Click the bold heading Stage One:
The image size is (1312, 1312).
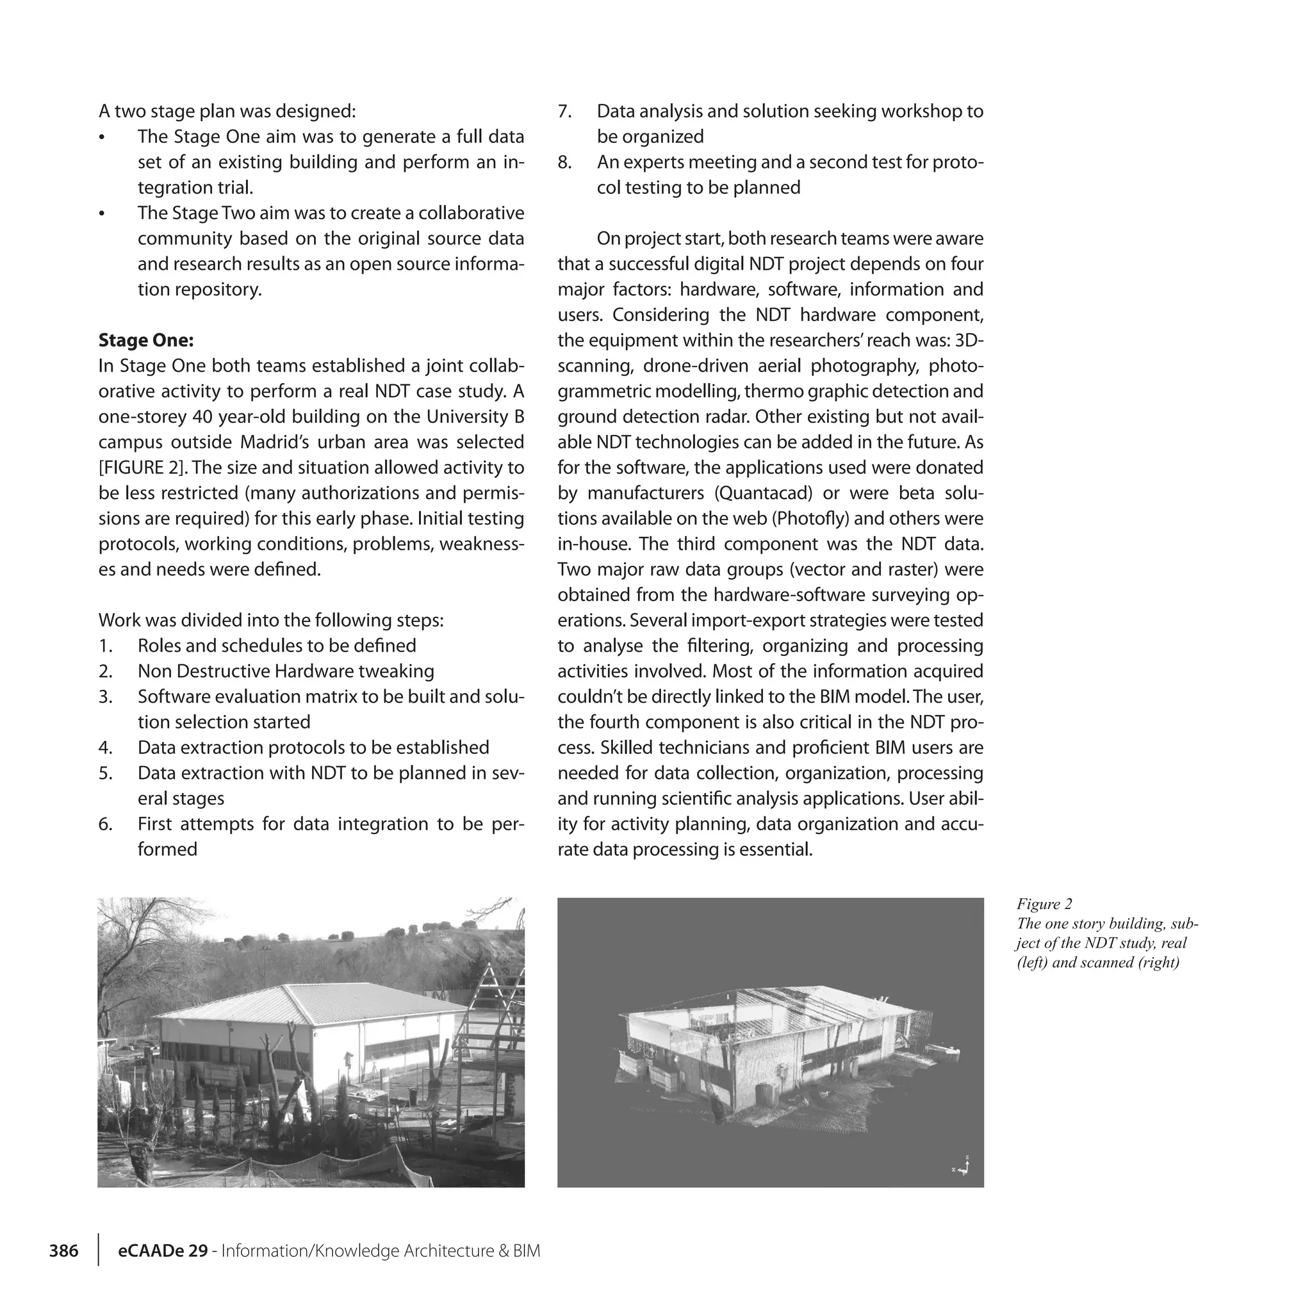[146, 340]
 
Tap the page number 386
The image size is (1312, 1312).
[64, 1251]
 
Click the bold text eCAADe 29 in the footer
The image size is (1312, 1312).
[163, 1251]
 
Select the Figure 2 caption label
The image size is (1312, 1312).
[1044, 904]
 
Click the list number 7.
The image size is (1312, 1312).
[564, 111]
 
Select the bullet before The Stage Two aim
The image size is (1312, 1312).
[102, 214]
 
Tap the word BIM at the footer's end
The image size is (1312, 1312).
[527, 1251]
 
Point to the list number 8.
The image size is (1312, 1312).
[564, 162]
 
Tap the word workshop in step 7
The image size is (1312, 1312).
[920, 111]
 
